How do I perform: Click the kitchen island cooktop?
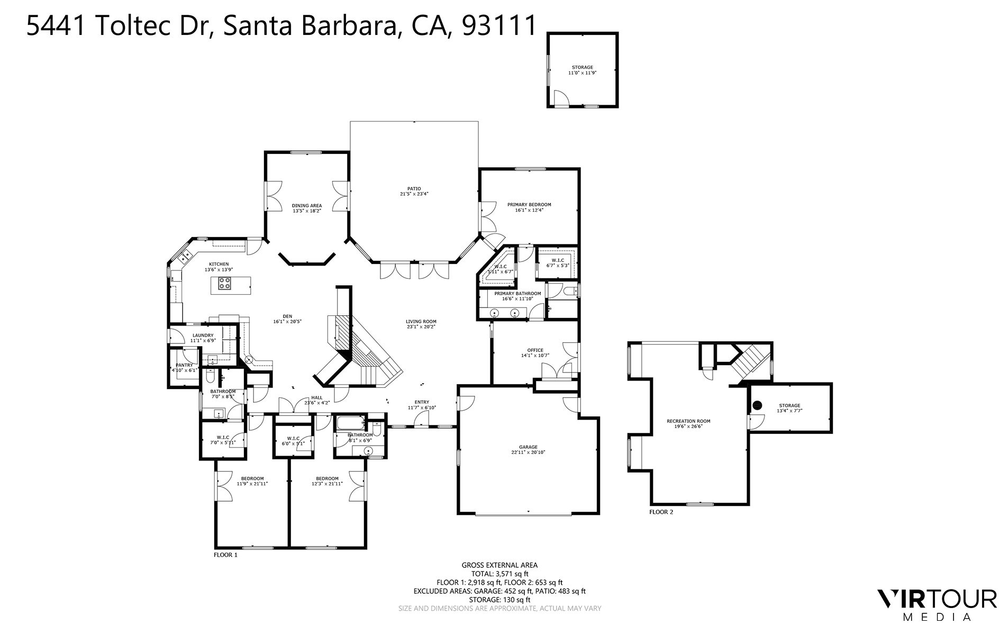(225, 284)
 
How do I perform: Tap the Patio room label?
(414, 188)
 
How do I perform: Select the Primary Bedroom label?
(529, 204)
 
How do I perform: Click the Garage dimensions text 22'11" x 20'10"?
(528, 452)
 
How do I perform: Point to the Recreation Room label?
(688, 421)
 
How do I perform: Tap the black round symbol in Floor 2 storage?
(757, 405)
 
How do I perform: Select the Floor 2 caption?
(661, 512)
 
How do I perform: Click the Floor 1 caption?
(225, 555)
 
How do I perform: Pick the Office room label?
(535, 350)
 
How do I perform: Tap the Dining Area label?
(307, 205)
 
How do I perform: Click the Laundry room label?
(203, 335)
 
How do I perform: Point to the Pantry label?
(184, 365)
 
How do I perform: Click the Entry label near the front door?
(422, 402)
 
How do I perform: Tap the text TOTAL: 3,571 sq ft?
(499, 574)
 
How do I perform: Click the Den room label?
(287, 316)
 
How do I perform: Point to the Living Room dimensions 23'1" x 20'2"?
(421, 327)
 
